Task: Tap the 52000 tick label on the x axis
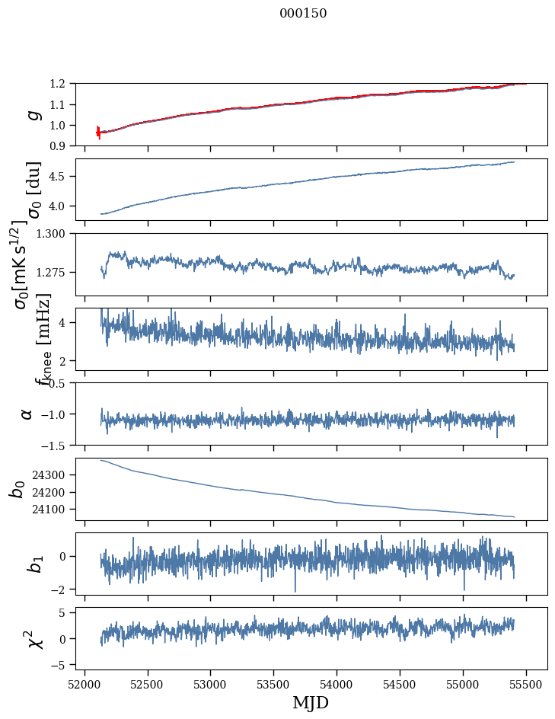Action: point(85,684)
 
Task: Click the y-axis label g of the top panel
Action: point(32,114)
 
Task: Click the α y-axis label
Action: point(27,414)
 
